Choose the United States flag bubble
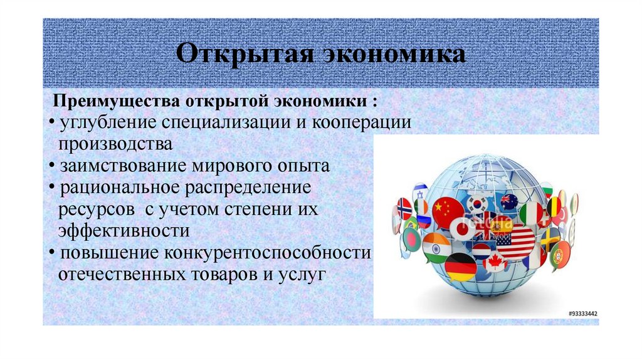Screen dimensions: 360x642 [x=515, y=242]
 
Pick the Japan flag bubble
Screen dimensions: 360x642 [x=462, y=230]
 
